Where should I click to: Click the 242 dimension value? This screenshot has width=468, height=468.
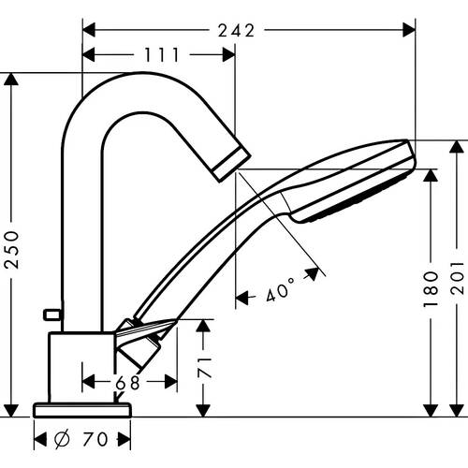click(x=236, y=31)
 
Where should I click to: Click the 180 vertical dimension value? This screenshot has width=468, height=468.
click(x=431, y=289)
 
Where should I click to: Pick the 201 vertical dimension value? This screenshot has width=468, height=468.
click(x=457, y=289)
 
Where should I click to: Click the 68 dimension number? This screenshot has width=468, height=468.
click(x=129, y=382)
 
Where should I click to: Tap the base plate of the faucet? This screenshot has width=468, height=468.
click(x=81, y=408)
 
